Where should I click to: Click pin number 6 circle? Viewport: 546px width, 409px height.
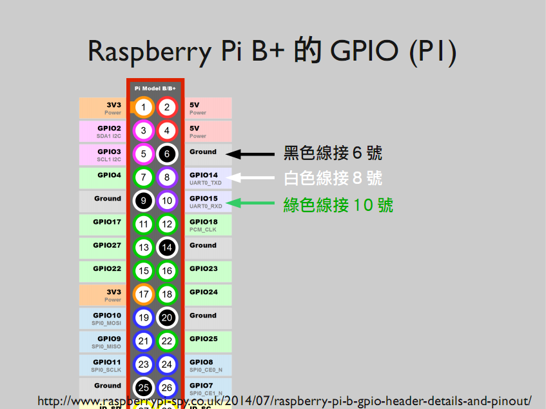pos(167,154)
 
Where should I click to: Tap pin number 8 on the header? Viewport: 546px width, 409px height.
pos(167,177)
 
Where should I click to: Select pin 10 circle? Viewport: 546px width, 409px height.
pos(167,201)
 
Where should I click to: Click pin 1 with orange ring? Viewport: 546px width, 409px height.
pos(144,107)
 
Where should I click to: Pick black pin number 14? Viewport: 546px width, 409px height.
pos(167,247)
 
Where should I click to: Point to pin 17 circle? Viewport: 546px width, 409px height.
pos(144,294)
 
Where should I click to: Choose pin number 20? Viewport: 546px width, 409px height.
pos(167,317)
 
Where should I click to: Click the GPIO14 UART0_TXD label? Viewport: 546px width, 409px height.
pos(208,178)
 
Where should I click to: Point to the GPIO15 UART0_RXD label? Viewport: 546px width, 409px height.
pos(208,201)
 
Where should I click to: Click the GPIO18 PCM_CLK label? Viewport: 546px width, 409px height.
pos(208,224)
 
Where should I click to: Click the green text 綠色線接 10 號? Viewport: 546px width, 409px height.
pos(338,206)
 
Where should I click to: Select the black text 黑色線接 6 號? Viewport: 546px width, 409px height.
pos(333,154)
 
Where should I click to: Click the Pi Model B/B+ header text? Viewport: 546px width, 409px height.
pos(155,88)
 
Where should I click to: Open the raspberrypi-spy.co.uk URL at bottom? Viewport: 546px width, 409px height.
pos(284,401)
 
